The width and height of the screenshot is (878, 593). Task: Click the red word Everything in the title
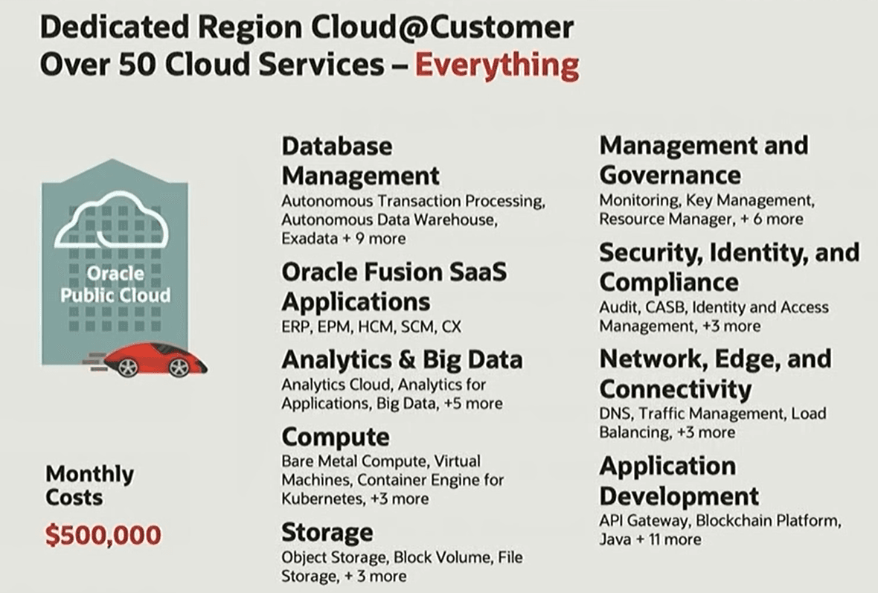pos(497,65)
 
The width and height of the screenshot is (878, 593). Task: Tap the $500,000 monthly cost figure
pos(103,535)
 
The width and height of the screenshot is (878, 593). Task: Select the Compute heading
pos(336,437)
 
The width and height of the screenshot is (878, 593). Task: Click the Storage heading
pos(327,533)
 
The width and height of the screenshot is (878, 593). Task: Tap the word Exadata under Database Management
pos(310,239)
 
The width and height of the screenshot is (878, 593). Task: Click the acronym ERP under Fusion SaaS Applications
pos(295,327)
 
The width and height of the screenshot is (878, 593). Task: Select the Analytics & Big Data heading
pos(402,360)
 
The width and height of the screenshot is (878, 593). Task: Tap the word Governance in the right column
pos(670,176)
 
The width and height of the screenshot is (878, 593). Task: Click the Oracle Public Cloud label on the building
pos(115,284)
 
